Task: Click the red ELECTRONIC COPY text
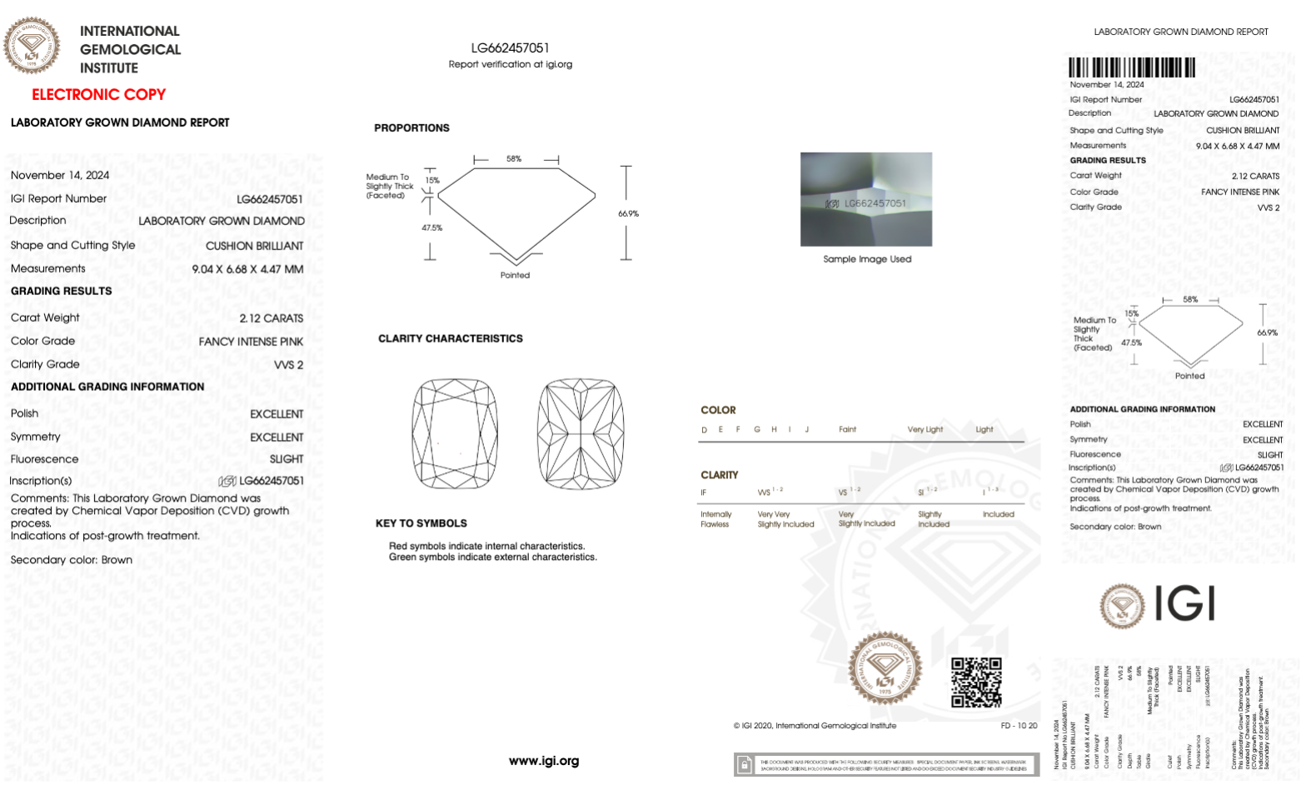click(98, 95)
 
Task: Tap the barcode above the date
click(1131, 68)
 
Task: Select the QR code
click(976, 682)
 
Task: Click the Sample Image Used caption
click(867, 259)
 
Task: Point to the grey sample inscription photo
click(866, 199)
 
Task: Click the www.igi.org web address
click(544, 761)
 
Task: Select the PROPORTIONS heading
click(411, 128)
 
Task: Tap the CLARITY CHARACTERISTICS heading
click(451, 338)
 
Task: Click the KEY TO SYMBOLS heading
click(421, 523)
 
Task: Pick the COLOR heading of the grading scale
click(718, 410)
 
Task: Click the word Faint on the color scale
click(847, 430)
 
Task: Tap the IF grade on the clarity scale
click(704, 492)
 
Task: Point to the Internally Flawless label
click(715, 519)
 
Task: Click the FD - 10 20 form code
click(1019, 726)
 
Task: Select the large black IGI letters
click(1184, 603)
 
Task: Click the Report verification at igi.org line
click(511, 64)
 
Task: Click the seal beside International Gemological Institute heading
click(32, 46)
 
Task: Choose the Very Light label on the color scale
click(925, 430)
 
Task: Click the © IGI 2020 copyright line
click(815, 726)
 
